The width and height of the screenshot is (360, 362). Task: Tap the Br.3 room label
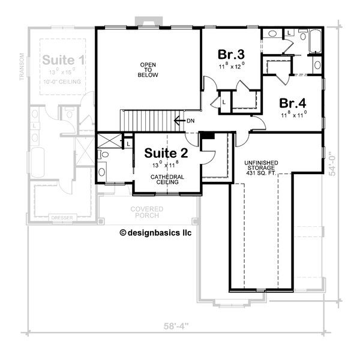coord(230,54)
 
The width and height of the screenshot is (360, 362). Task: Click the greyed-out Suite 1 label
coord(63,60)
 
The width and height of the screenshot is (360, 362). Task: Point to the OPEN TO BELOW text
coord(148,68)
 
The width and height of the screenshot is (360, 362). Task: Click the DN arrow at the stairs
coord(184,120)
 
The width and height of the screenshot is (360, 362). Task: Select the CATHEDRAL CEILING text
coord(166,179)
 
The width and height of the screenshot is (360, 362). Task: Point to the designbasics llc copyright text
coord(155,232)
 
